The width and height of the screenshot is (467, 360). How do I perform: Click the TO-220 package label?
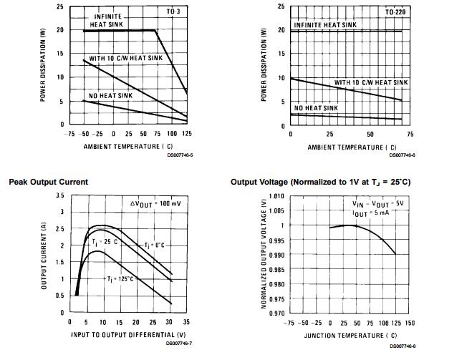[x=395, y=14]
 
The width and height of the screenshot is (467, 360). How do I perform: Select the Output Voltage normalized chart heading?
[x=320, y=183]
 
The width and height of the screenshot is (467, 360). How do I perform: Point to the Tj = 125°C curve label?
[x=120, y=277]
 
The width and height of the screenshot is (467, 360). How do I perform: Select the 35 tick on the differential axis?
[x=187, y=323]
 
